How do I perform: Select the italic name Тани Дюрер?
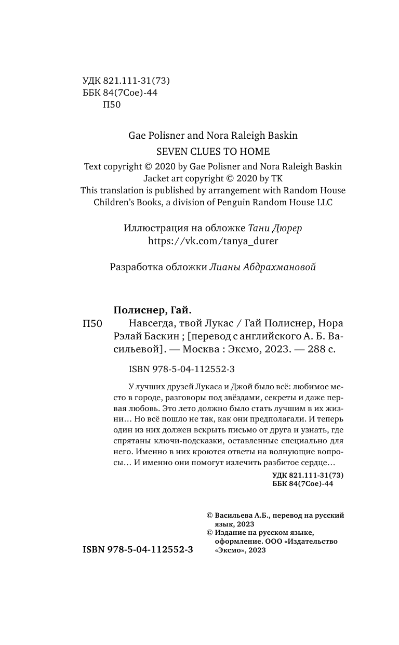coord(276,228)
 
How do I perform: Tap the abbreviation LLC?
coord(322,202)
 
